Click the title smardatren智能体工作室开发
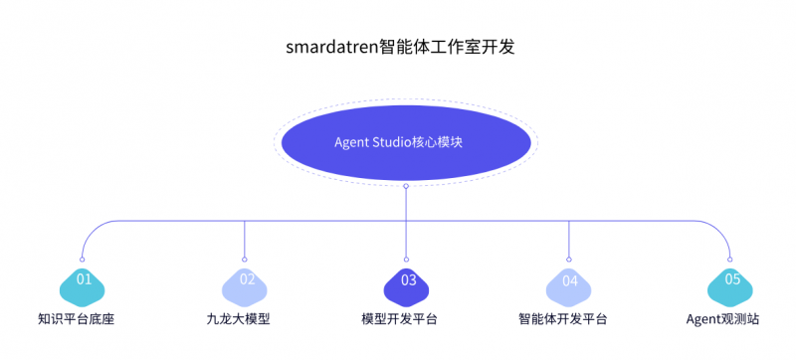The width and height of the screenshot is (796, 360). (x=398, y=47)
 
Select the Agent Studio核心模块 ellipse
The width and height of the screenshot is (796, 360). (x=406, y=142)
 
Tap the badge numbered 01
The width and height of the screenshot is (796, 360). (x=84, y=281)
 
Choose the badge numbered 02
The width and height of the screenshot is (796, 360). (x=246, y=281)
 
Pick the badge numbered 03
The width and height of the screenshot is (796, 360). (x=407, y=281)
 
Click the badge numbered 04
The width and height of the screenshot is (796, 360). (x=569, y=281)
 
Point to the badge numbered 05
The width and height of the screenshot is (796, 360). (x=731, y=281)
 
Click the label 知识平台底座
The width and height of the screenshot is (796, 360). (x=84, y=319)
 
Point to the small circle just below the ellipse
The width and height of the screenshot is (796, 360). (x=406, y=186)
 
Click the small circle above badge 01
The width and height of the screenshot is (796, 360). (x=81, y=260)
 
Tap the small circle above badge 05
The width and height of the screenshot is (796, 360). (x=731, y=260)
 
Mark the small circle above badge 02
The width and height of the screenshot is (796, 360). (x=245, y=260)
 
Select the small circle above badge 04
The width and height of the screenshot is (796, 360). (x=569, y=260)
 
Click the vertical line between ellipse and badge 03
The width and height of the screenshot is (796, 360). (x=406, y=224)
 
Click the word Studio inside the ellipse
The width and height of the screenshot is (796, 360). (x=393, y=142)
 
